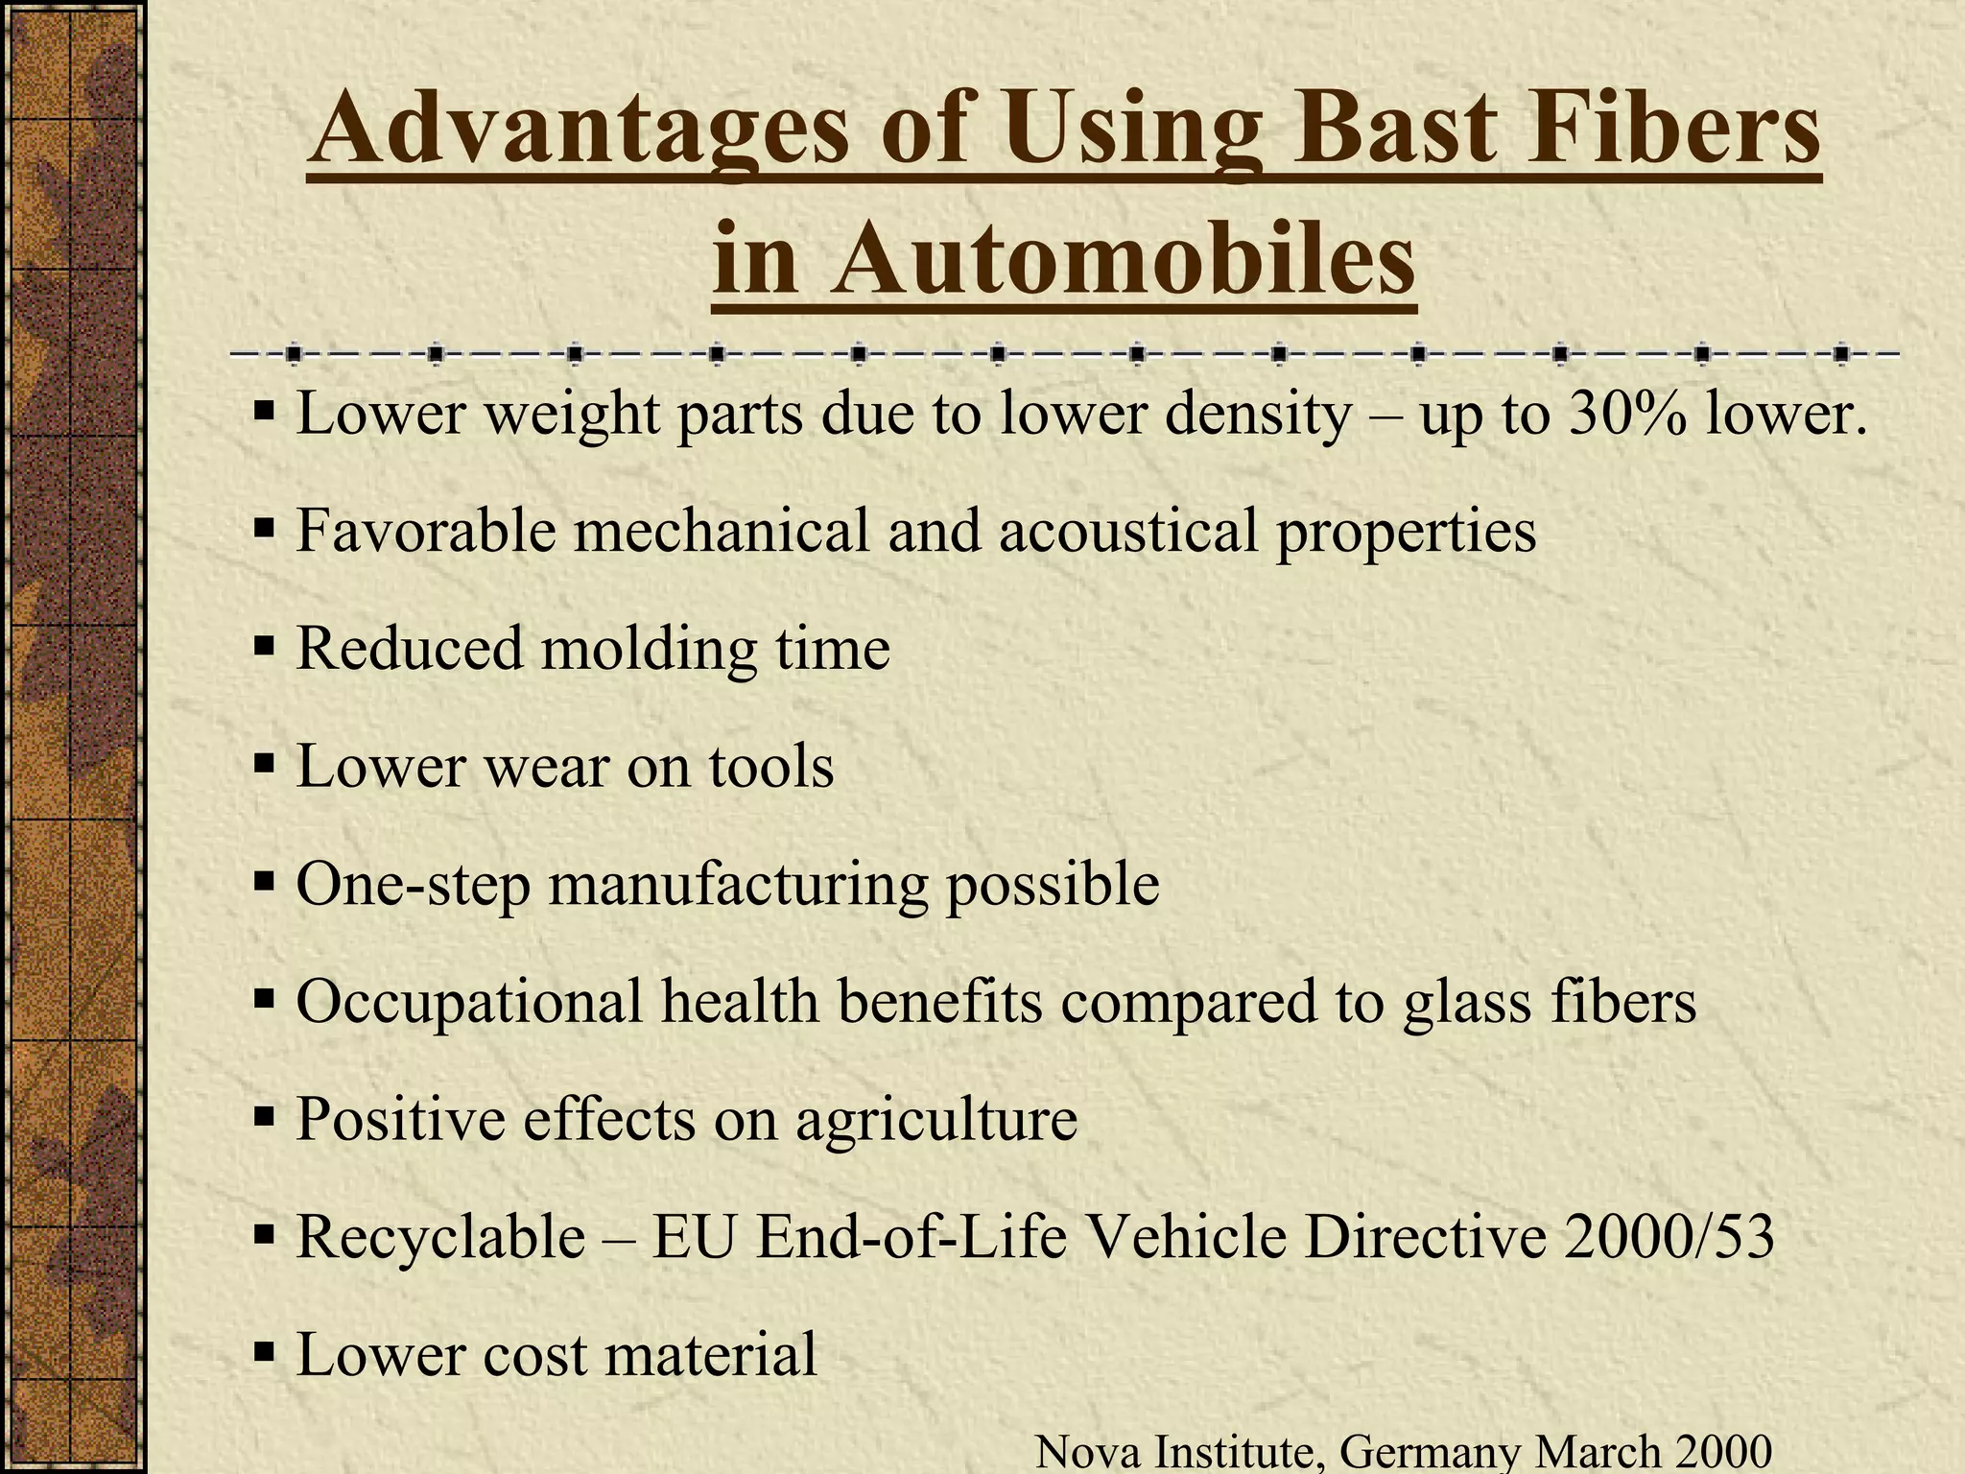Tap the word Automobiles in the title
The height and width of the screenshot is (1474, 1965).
(1123, 258)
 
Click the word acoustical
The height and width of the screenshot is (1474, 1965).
(1127, 531)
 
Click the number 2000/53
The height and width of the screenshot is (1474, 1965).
(1669, 1237)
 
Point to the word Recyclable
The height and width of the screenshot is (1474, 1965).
(440, 1237)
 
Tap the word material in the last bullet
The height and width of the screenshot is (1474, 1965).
(710, 1354)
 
